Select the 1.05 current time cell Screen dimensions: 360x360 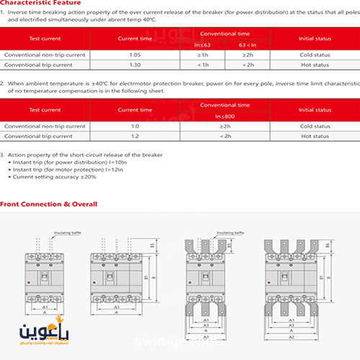pos(135,55)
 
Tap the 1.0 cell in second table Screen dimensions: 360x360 pos(135,126)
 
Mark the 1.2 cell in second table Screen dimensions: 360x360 pos(135,136)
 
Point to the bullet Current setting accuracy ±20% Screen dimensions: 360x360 pos(54,177)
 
